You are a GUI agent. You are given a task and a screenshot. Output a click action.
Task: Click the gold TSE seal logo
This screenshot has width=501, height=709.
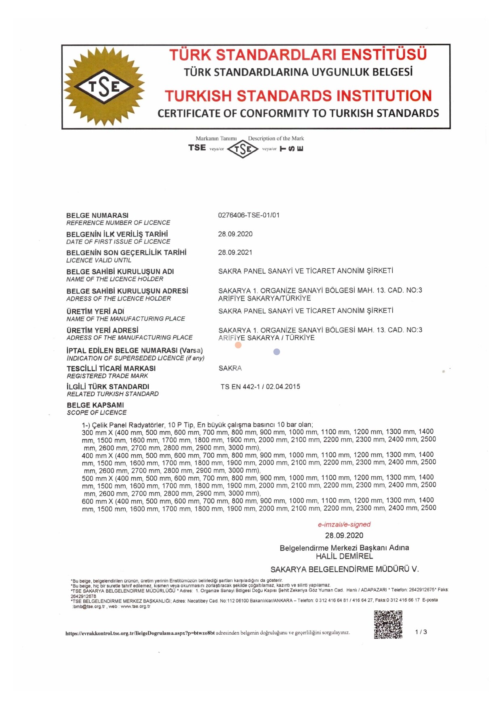point(104,86)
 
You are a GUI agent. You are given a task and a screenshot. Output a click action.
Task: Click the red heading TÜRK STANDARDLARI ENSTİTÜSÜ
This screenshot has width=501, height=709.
point(298,55)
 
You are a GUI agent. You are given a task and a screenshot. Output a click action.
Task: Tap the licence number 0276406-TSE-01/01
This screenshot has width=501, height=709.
point(248,215)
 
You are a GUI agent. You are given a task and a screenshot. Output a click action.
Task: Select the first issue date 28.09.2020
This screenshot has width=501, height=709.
point(235,234)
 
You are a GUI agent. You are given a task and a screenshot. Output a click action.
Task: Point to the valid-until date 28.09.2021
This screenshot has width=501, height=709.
point(235,252)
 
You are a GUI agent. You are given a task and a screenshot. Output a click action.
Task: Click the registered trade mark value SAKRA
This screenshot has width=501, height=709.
point(230,368)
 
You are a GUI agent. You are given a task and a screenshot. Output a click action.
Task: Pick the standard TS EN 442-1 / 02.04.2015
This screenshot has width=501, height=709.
point(260,387)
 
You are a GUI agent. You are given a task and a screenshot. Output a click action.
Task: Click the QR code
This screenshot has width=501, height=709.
point(388,624)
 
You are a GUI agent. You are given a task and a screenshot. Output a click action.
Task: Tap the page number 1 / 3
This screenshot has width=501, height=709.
point(421,632)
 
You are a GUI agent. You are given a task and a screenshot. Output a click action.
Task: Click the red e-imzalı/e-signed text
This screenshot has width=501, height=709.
point(344,524)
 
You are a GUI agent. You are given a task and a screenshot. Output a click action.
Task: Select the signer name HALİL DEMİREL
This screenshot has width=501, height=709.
point(344,556)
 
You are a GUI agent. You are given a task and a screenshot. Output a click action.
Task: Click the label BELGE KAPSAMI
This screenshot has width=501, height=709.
point(95,405)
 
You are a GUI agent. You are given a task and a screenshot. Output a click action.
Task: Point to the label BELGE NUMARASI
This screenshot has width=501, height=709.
point(97,215)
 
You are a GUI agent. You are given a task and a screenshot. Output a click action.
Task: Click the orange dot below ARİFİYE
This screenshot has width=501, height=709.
point(238,345)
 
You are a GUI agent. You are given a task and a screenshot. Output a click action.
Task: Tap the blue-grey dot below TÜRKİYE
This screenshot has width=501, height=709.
point(277,352)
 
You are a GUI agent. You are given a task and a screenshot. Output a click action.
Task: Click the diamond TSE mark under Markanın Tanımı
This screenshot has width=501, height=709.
point(243,149)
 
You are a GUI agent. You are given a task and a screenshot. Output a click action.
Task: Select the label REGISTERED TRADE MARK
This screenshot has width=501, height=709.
point(107,376)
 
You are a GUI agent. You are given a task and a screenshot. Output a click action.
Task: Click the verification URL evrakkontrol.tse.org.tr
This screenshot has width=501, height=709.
point(140,633)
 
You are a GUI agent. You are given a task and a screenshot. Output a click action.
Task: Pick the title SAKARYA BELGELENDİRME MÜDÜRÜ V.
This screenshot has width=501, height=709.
point(344,569)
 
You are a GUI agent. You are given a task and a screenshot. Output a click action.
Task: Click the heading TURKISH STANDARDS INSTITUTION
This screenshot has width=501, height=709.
point(298,96)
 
